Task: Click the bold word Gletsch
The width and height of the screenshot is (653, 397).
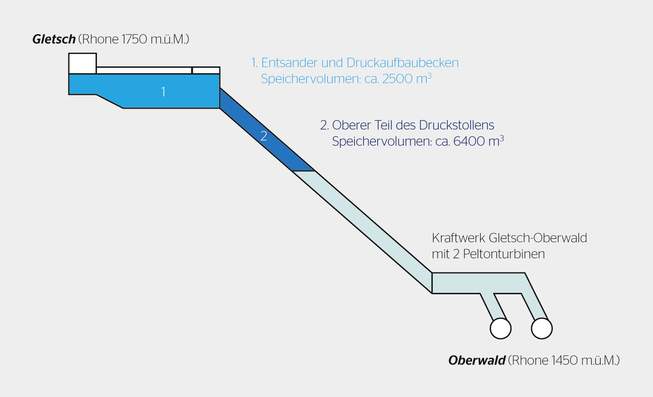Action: point(54,40)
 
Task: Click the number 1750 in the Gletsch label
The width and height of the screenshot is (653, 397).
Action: point(134,40)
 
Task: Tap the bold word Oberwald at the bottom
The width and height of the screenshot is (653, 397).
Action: point(476,361)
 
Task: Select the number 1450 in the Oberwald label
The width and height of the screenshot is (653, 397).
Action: point(565,361)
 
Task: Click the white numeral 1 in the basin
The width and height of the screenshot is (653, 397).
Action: point(163,92)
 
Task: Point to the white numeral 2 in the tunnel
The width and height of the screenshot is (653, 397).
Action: point(263,136)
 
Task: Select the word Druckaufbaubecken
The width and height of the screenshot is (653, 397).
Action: point(402,63)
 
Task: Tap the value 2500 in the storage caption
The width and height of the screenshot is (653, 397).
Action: point(397,79)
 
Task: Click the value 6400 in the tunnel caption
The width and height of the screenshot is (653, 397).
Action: point(469,141)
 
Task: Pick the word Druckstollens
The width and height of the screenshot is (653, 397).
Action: point(456,125)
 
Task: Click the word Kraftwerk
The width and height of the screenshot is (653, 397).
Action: point(458,238)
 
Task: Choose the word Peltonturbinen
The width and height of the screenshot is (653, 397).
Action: point(504,254)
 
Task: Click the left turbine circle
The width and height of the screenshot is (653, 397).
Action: point(501,328)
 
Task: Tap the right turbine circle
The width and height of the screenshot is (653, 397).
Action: point(542,328)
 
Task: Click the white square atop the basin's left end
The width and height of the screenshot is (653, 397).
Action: point(82,63)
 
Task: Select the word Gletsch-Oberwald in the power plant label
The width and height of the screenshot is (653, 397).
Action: point(538,238)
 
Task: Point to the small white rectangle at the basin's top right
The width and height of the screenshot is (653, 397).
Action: point(206,70)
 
